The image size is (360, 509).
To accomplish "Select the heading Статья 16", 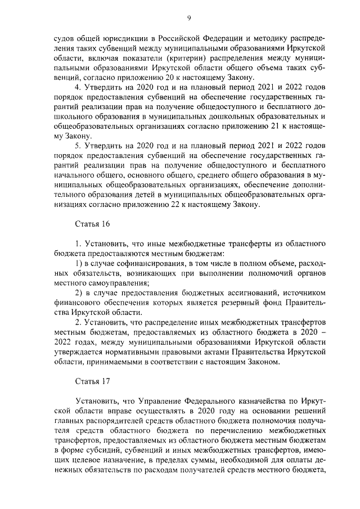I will click(92, 223).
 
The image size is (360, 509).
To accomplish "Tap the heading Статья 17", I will click(92, 380).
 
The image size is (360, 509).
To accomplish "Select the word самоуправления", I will click(112, 283).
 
